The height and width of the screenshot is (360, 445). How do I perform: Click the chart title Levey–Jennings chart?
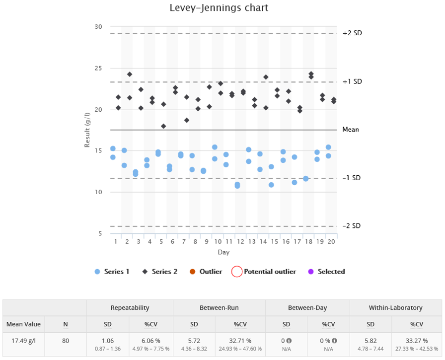coord(219,8)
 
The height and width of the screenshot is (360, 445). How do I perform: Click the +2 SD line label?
coord(352,33)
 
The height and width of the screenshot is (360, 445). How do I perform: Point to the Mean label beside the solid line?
coord(351,130)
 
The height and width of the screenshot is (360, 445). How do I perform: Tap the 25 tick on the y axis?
coord(98,68)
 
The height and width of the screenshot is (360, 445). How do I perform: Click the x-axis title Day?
coord(223,252)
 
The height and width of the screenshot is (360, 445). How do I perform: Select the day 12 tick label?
coord(240,241)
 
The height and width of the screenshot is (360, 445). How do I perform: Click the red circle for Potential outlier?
coord(237,272)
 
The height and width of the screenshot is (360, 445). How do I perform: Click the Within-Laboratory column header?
coord(395,308)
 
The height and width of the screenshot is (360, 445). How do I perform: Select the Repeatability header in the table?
coord(130,308)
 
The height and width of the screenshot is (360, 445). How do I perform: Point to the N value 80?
coord(66,341)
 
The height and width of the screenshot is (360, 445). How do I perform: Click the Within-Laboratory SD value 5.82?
coord(371,341)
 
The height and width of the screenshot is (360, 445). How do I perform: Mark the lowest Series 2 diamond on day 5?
coord(163,126)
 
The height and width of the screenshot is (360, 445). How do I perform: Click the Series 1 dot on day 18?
coord(306,179)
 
